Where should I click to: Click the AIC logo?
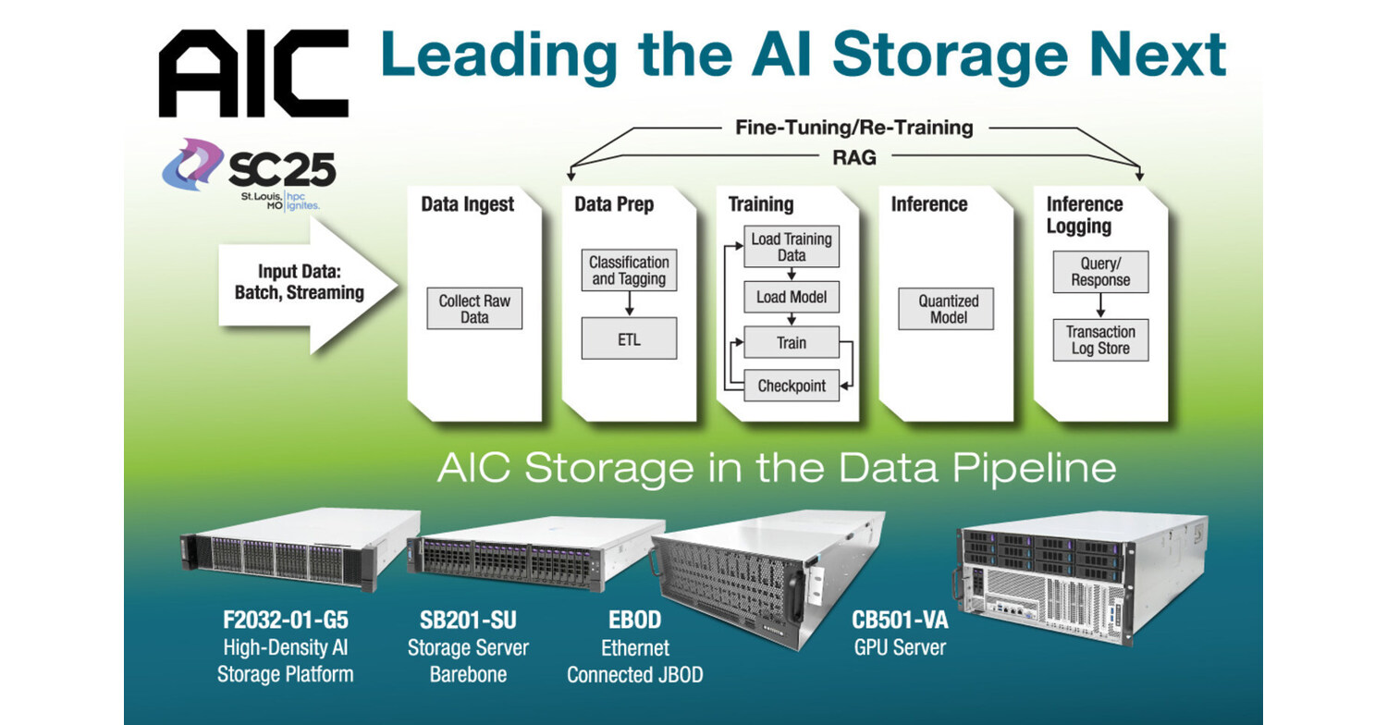point(252,73)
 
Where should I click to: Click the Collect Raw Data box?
point(474,309)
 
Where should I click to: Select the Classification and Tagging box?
point(629,270)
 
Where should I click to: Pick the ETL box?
point(629,339)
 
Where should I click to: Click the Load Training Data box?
point(791,247)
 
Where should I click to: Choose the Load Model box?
point(791,297)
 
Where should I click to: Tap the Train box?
point(791,343)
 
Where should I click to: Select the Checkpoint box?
point(791,386)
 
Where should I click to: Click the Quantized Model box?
point(948,309)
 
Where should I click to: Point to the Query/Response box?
point(1100,272)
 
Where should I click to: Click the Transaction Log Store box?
point(1100,340)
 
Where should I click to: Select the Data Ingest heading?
point(467,204)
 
